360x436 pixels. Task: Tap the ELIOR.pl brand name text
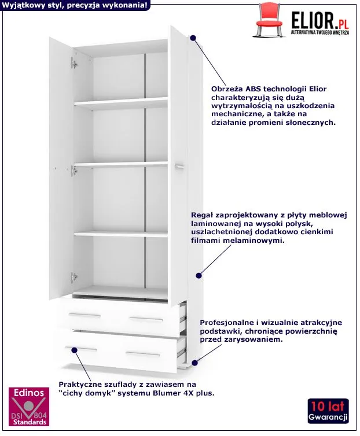(320, 20)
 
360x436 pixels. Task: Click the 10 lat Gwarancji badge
(328, 411)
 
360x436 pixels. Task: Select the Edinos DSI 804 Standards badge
(29, 407)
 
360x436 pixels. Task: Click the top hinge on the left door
(74, 64)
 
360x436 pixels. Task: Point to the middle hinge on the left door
(74, 170)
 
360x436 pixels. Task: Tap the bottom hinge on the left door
(74, 277)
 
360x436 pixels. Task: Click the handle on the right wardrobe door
(179, 166)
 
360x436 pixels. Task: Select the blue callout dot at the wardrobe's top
(193, 38)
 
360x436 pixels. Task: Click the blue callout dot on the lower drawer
(74, 350)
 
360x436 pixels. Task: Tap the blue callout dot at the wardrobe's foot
(195, 363)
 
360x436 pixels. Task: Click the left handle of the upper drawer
(85, 315)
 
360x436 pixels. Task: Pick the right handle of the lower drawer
(143, 354)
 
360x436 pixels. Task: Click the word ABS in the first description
(253, 89)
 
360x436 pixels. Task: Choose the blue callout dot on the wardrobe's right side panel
(199, 276)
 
